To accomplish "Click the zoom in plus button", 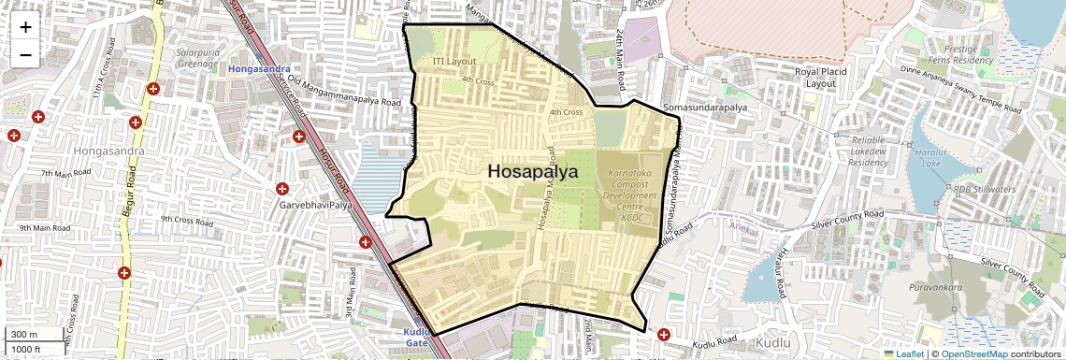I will click(25, 27).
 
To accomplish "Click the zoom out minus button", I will click(25, 54).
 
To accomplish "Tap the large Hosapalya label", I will click(532, 172).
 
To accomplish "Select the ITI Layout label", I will click(454, 61).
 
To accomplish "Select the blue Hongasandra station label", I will click(259, 69).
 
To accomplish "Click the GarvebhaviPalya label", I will click(315, 204).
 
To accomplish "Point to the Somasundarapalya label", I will click(705, 108).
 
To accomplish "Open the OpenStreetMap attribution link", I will click(973, 353).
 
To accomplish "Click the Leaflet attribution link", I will click(903, 353).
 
